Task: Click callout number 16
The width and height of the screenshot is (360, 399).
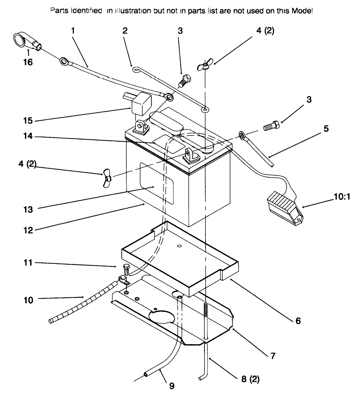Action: coord(27,62)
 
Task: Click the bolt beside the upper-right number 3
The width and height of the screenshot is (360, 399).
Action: coord(271,127)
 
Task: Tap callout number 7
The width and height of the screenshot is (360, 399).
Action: coord(273,355)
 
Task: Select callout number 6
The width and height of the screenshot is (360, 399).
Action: coord(298,321)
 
